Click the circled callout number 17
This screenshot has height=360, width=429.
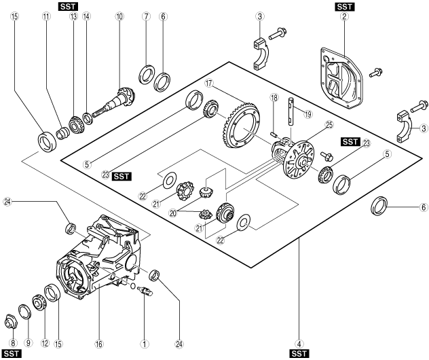pyautogui.click(x=209, y=83)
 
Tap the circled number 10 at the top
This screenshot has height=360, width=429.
pyautogui.click(x=119, y=17)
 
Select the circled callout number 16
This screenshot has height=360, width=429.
pyautogui.click(x=99, y=344)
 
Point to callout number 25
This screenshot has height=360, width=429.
pyautogui.click(x=329, y=125)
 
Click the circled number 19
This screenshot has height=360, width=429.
pyautogui.click(x=308, y=114)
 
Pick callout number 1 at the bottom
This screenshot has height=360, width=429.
pyautogui.click(x=144, y=344)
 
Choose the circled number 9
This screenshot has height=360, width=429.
pyautogui.click(x=29, y=342)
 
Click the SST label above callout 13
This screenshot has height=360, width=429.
pyautogui.click(x=68, y=7)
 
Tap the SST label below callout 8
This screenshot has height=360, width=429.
pyautogui.click(x=12, y=354)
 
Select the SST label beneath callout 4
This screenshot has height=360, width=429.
pyautogui.click(x=299, y=354)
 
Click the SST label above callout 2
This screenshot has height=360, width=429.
pyautogui.click(x=344, y=7)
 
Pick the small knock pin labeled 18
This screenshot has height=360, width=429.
pyautogui.click(x=274, y=134)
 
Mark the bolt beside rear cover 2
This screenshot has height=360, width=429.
pyautogui.click(x=375, y=73)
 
